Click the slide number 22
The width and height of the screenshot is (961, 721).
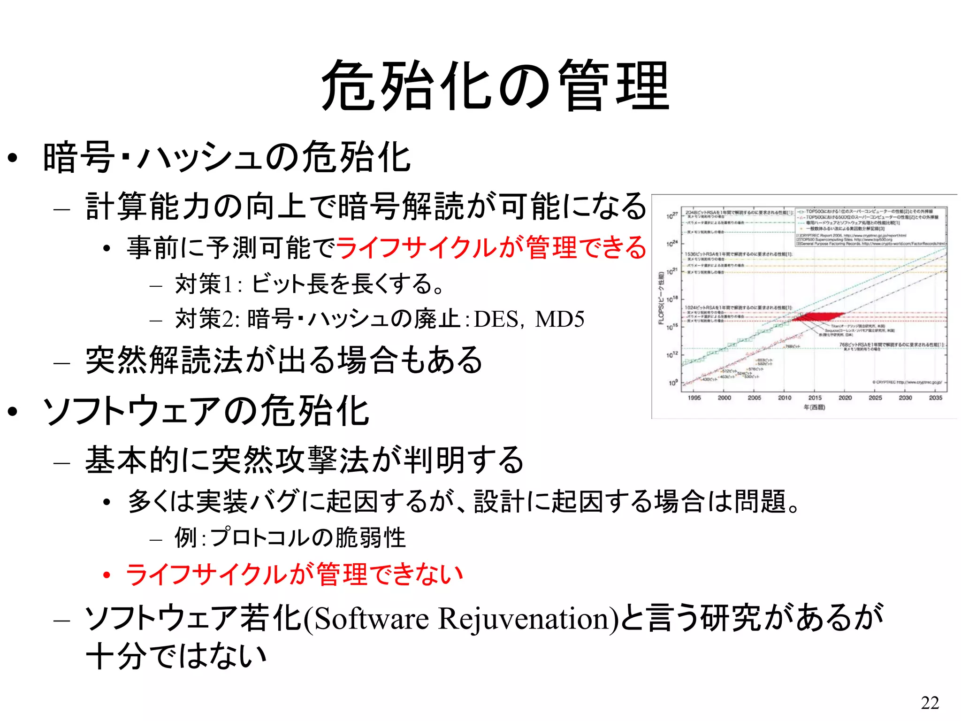930,703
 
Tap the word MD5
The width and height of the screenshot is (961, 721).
560,320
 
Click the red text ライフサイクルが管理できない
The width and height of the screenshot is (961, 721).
294,574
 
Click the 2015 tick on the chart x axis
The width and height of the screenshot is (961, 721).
815,398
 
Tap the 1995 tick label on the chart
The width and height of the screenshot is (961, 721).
694,398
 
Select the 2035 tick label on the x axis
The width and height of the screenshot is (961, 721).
935,398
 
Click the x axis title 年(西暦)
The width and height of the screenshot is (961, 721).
814,407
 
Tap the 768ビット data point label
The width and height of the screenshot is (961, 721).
793,346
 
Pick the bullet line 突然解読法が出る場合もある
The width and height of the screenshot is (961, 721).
284,360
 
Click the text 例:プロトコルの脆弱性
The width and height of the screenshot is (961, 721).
290,537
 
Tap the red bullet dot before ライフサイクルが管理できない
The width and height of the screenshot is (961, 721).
107,575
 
